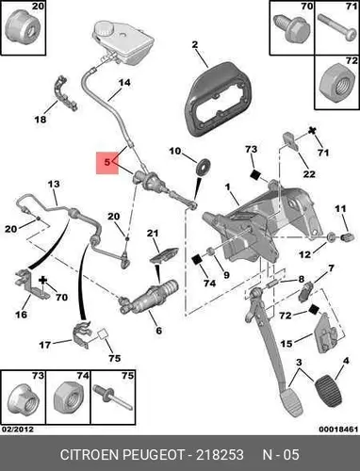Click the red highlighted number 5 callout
107,163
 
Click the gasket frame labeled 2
218,99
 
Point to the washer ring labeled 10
203,167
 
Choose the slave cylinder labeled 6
148,298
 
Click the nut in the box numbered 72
335,83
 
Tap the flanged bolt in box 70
290,28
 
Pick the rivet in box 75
113,399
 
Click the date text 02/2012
18,429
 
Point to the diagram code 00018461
338,430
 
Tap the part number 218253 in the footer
220,454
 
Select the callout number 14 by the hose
124,83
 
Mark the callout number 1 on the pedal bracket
227,187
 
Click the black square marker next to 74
197,260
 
